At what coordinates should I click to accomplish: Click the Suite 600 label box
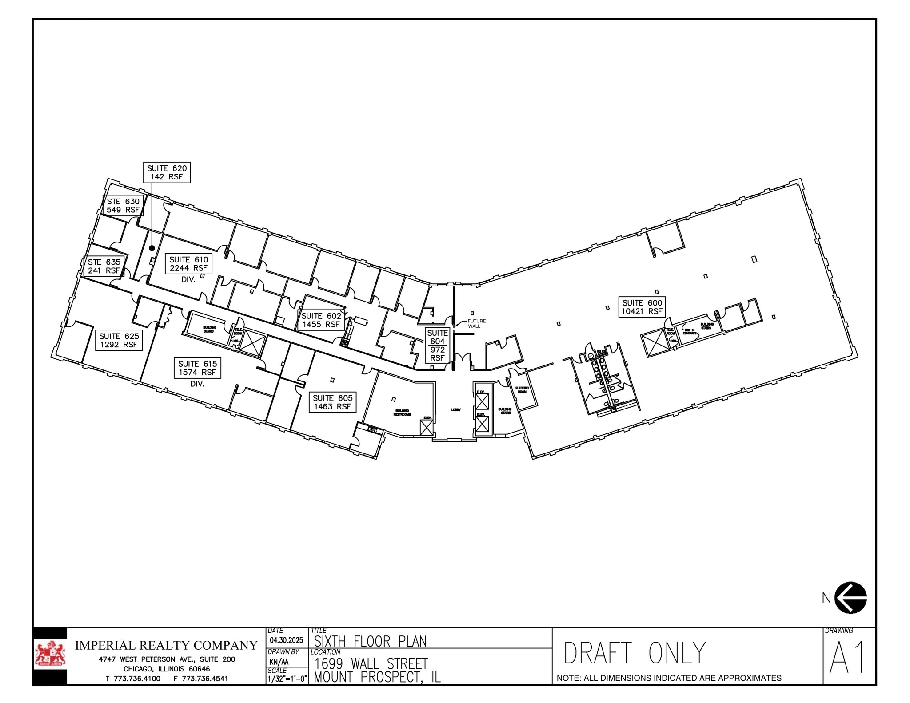click(x=642, y=307)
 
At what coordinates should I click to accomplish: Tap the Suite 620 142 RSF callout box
click(x=167, y=172)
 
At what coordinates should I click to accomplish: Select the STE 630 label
click(x=123, y=206)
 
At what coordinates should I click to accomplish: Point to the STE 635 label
click(x=104, y=266)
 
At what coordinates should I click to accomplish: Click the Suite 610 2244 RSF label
click(x=189, y=264)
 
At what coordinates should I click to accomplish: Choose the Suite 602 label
click(x=321, y=320)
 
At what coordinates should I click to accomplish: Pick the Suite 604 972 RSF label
click(x=437, y=345)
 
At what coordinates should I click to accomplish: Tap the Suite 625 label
click(x=119, y=341)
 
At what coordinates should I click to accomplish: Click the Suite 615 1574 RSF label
click(x=197, y=368)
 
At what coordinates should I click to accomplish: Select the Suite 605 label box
click(x=332, y=402)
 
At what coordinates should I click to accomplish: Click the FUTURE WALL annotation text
click(x=476, y=323)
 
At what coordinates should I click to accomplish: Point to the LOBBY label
click(x=456, y=410)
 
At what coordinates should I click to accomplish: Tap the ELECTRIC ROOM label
click(x=522, y=390)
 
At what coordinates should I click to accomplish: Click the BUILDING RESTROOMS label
click(x=402, y=413)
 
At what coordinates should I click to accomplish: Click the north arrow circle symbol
click(x=850, y=598)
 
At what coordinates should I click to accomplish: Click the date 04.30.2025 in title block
click(x=286, y=640)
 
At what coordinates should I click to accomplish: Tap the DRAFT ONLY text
click(x=635, y=653)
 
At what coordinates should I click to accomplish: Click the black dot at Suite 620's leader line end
click(x=152, y=248)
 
